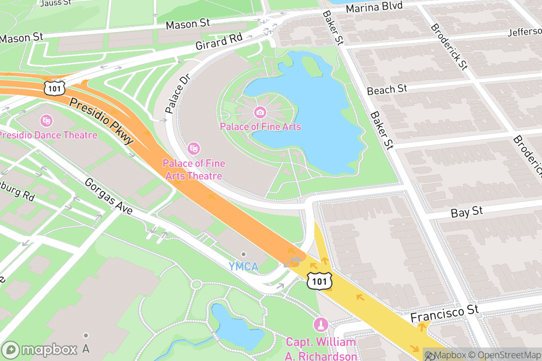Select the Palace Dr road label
(x=177, y=93)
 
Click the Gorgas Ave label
(x=109, y=197)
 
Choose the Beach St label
(x=387, y=90)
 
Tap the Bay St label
(x=467, y=212)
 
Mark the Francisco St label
(x=444, y=313)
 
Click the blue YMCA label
(x=243, y=267)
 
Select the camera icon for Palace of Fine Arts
(x=260, y=111)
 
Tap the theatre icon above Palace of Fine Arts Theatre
(x=194, y=148)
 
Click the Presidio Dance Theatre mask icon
(x=46, y=120)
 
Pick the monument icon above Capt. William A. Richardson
(x=321, y=324)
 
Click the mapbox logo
(x=41, y=350)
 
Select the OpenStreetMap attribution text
(x=501, y=355)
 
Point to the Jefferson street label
(x=524, y=32)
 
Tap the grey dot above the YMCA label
(x=243, y=254)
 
